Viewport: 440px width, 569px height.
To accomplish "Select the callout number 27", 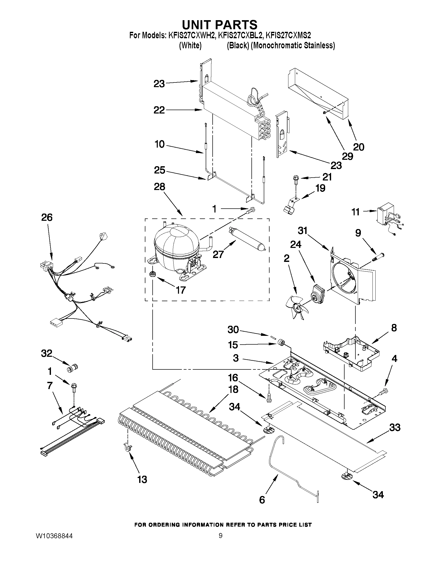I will [x=218, y=254].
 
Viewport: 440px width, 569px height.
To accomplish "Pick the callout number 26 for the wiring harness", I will [x=47, y=217].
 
